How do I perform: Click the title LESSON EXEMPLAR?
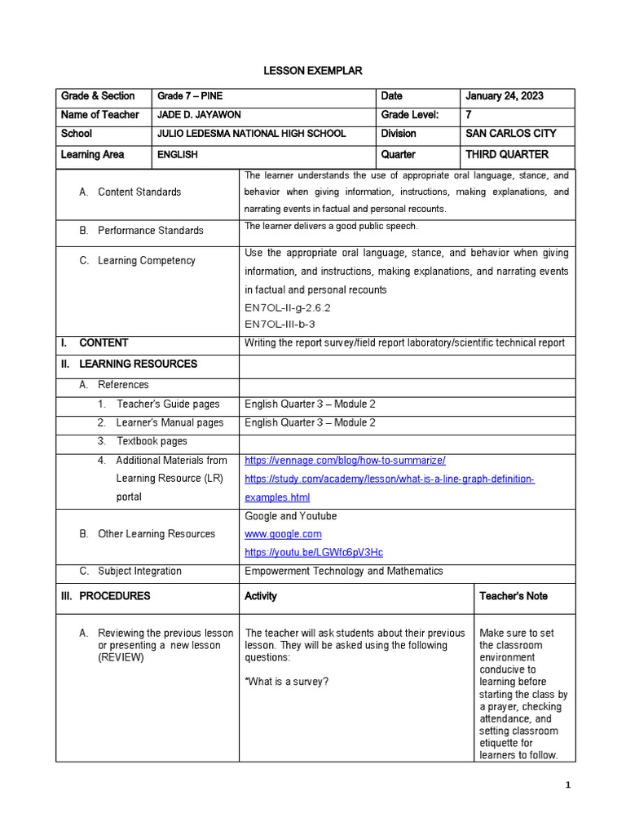tap(313, 72)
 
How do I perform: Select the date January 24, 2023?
tap(504, 96)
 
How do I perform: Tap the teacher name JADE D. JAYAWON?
tap(201, 115)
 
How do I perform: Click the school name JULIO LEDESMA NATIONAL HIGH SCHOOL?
tap(251, 134)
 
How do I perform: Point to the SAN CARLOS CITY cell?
tap(506, 134)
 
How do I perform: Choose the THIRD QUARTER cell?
tap(506, 154)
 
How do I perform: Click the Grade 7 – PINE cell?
tap(189, 96)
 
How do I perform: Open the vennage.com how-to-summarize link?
tap(345, 461)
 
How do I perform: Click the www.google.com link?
tap(283, 534)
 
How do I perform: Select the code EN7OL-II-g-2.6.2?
tap(288, 308)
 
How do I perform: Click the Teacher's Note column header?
tap(514, 596)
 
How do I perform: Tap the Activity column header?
tap(261, 596)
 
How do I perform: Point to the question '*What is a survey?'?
tap(287, 682)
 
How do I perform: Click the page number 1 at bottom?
tap(569, 784)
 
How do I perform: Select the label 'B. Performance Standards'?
tap(142, 231)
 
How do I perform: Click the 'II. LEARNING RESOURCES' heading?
tap(129, 364)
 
